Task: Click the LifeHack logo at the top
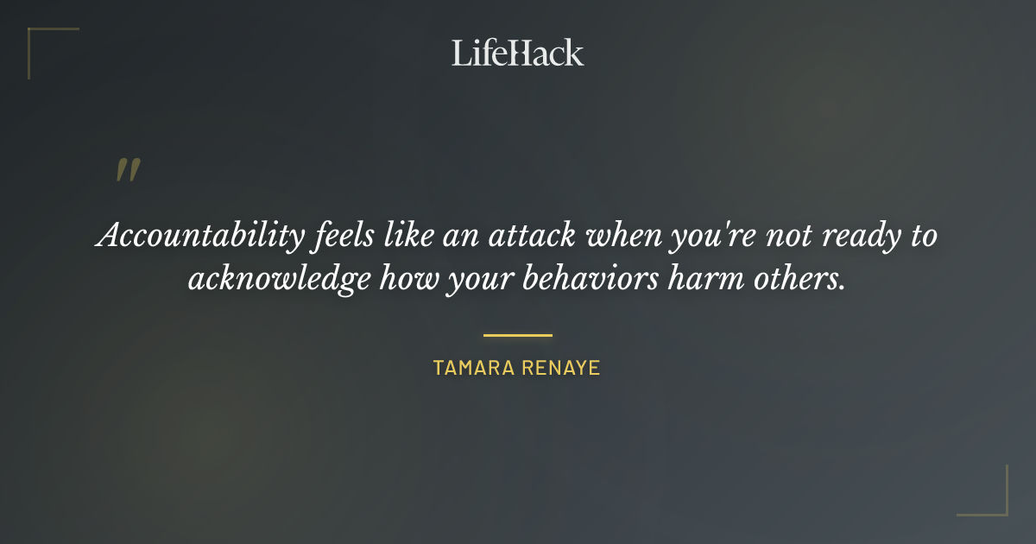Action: [518, 53]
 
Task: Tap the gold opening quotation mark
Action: [128, 170]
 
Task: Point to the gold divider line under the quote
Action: [518, 335]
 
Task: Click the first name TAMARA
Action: [474, 368]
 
